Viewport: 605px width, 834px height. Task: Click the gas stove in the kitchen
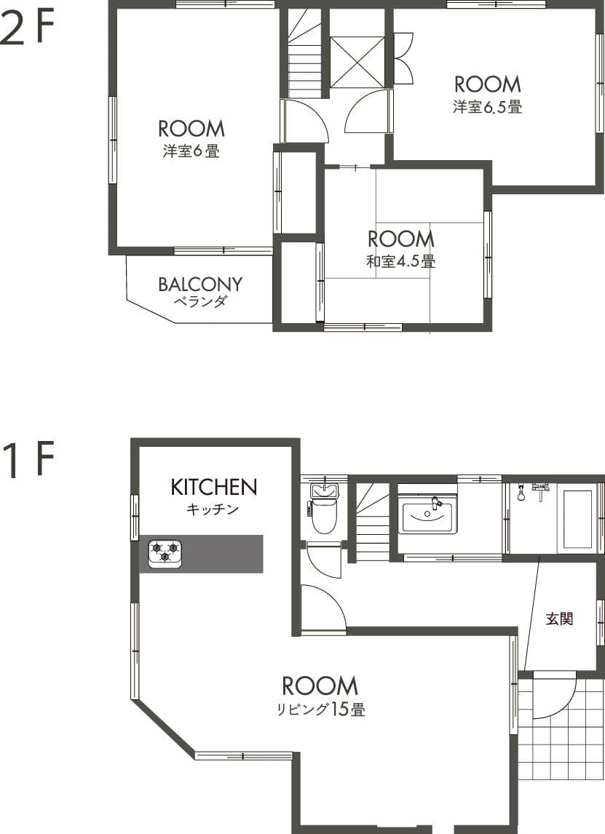pyautogui.click(x=165, y=553)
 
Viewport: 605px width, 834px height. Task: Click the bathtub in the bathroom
pyautogui.click(x=577, y=519)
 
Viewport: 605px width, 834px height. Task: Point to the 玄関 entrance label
pyautogui.click(x=560, y=619)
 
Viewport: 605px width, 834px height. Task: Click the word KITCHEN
pyautogui.click(x=213, y=487)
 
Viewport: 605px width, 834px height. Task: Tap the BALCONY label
pyautogui.click(x=200, y=284)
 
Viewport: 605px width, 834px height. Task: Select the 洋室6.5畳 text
pyautogui.click(x=487, y=107)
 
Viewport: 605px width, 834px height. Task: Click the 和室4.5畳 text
pyautogui.click(x=400, y=261)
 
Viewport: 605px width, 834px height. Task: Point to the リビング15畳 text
pyautogui.click(x=320, y=710)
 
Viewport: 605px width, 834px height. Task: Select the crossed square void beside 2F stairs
pyautogui.click(x=357, y=62)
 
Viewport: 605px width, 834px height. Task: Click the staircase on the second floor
pyautogui.click(x=304, y=58)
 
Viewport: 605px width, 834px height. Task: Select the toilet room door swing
pyautogui.click(x=324, y=560)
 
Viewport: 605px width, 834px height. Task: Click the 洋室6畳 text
pyautogui.click(x=191, y=152)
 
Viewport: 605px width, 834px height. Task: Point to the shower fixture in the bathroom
pyautogui.click(x=521, y=493)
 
